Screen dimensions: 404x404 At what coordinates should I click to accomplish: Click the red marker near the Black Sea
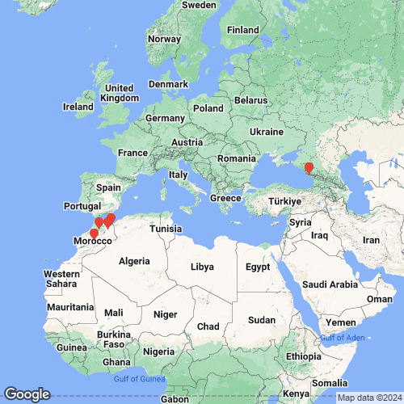tap(308, 166)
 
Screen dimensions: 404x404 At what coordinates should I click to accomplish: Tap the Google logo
tap(26, 394)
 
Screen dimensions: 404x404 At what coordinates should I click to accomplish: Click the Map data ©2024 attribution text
tap(369, 397)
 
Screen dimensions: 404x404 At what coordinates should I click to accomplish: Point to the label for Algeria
tap(135, 261)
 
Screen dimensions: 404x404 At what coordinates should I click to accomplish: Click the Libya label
tap(203, 266)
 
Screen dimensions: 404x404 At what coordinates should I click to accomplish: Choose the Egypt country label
tap(258, 267)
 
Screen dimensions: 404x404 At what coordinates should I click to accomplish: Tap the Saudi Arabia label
tap(329, 284)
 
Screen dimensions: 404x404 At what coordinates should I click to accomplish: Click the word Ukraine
tap(267, 132)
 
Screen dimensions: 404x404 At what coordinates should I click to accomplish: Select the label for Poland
tap(208, 107)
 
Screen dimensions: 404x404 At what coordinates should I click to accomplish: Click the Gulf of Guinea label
tap(139, 379)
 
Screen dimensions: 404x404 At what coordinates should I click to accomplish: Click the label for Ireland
tap(79, 107)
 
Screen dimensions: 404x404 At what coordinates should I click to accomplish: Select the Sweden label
tap(199, 5)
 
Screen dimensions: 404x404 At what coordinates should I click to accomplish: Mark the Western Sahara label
tap(61, 280)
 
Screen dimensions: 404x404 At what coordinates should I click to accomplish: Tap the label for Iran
tap(371, 240)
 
